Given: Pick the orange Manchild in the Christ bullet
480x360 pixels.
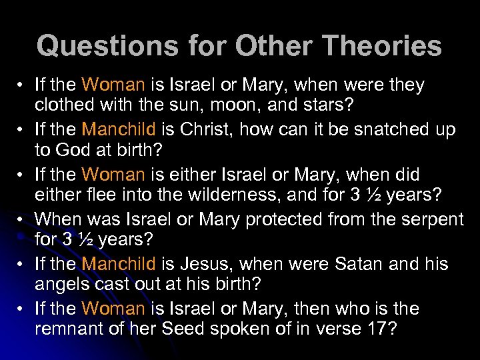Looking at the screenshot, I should [119, 129].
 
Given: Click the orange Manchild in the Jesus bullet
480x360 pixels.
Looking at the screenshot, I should [119, 263].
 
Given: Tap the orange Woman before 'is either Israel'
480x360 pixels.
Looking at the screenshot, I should [113, 175].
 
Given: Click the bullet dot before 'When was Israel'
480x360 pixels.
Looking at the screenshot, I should [23, 219].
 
